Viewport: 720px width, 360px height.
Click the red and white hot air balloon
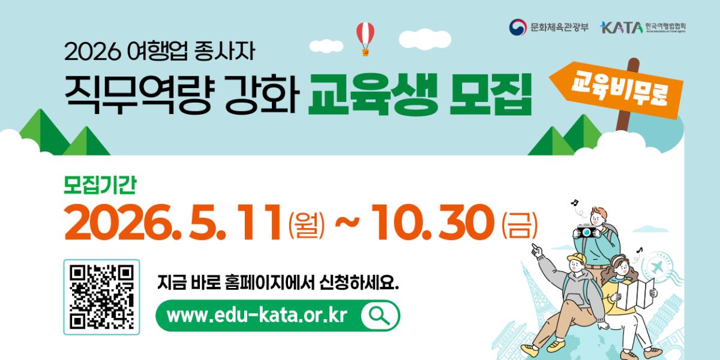coord(365,37)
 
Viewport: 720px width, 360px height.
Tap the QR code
coord(101,297)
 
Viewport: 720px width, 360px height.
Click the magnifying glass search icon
coord(380,316)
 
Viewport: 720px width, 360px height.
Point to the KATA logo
coord(620,28)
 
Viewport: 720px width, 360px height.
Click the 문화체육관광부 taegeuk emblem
coord(517,27)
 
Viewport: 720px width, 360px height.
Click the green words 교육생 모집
coord(420,95)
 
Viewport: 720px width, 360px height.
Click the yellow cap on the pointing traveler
coord(575,260)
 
